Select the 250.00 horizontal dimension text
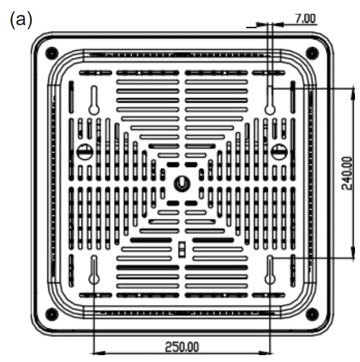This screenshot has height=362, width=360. pyautogui.click(x=182, y=346)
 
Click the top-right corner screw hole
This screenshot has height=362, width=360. pyautogui.click(x=312, y=51)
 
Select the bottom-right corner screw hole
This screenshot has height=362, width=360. pyautogui.click(x=312, y=313)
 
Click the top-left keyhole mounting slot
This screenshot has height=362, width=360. pyautogui.click(x=94, y=100)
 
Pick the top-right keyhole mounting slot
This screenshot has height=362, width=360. pyautogui.click(x=270, y=100)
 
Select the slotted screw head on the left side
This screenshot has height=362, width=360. pyautogui.click(x=84, y=151)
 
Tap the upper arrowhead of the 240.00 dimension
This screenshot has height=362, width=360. pyautogui.click(x=353, y=93)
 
